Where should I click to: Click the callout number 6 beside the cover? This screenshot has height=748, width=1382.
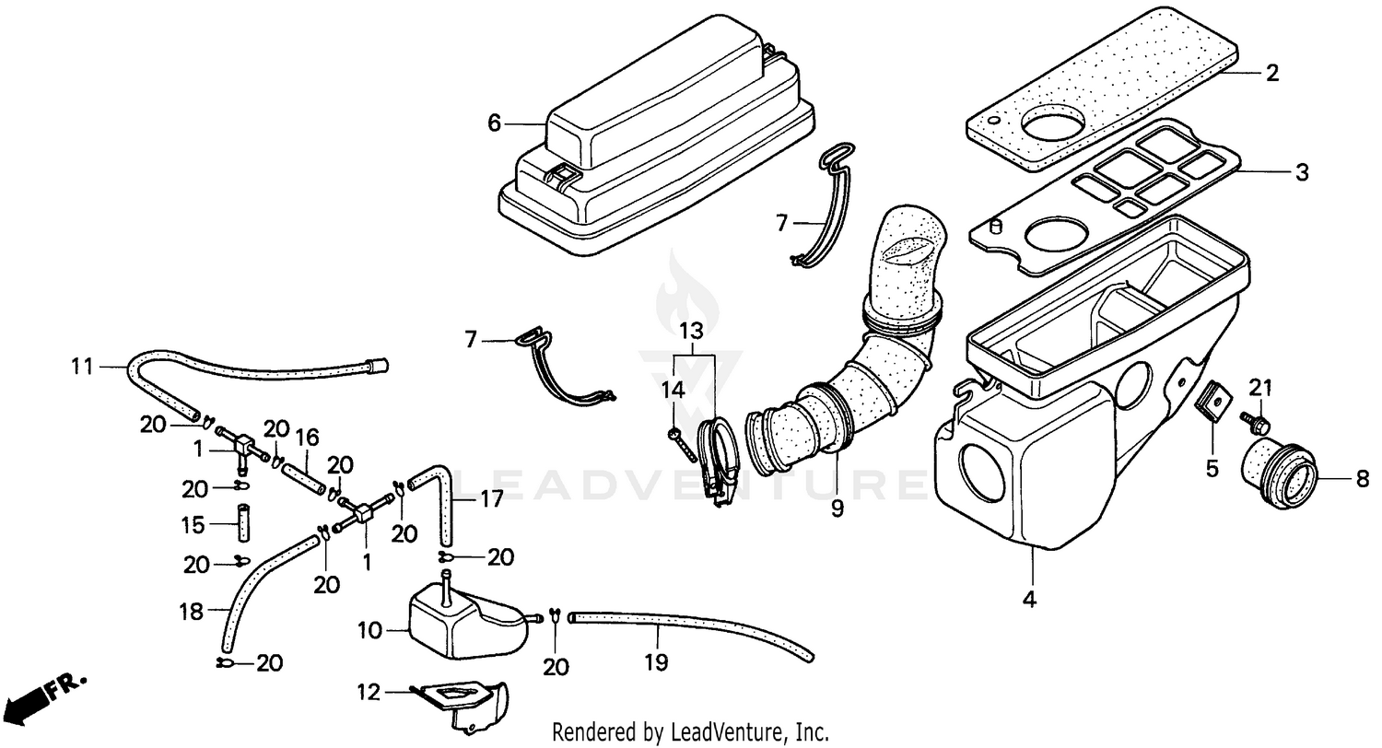point(494,123)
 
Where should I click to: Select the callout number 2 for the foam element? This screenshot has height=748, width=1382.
point(1272,73)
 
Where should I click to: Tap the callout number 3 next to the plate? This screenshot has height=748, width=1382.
point(1301,172)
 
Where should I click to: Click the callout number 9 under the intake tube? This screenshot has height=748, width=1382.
point(837,508)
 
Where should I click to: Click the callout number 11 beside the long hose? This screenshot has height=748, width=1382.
point(83,367)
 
